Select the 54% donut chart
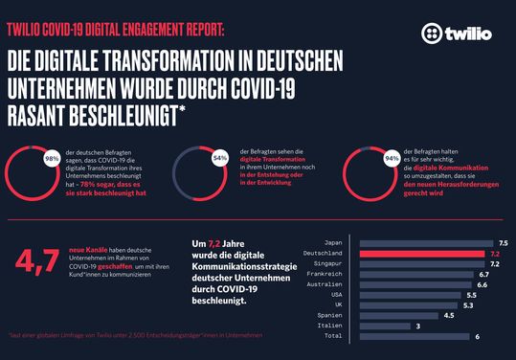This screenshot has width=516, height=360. coord(200,165)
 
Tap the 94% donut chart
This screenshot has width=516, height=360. coord(368,165)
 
